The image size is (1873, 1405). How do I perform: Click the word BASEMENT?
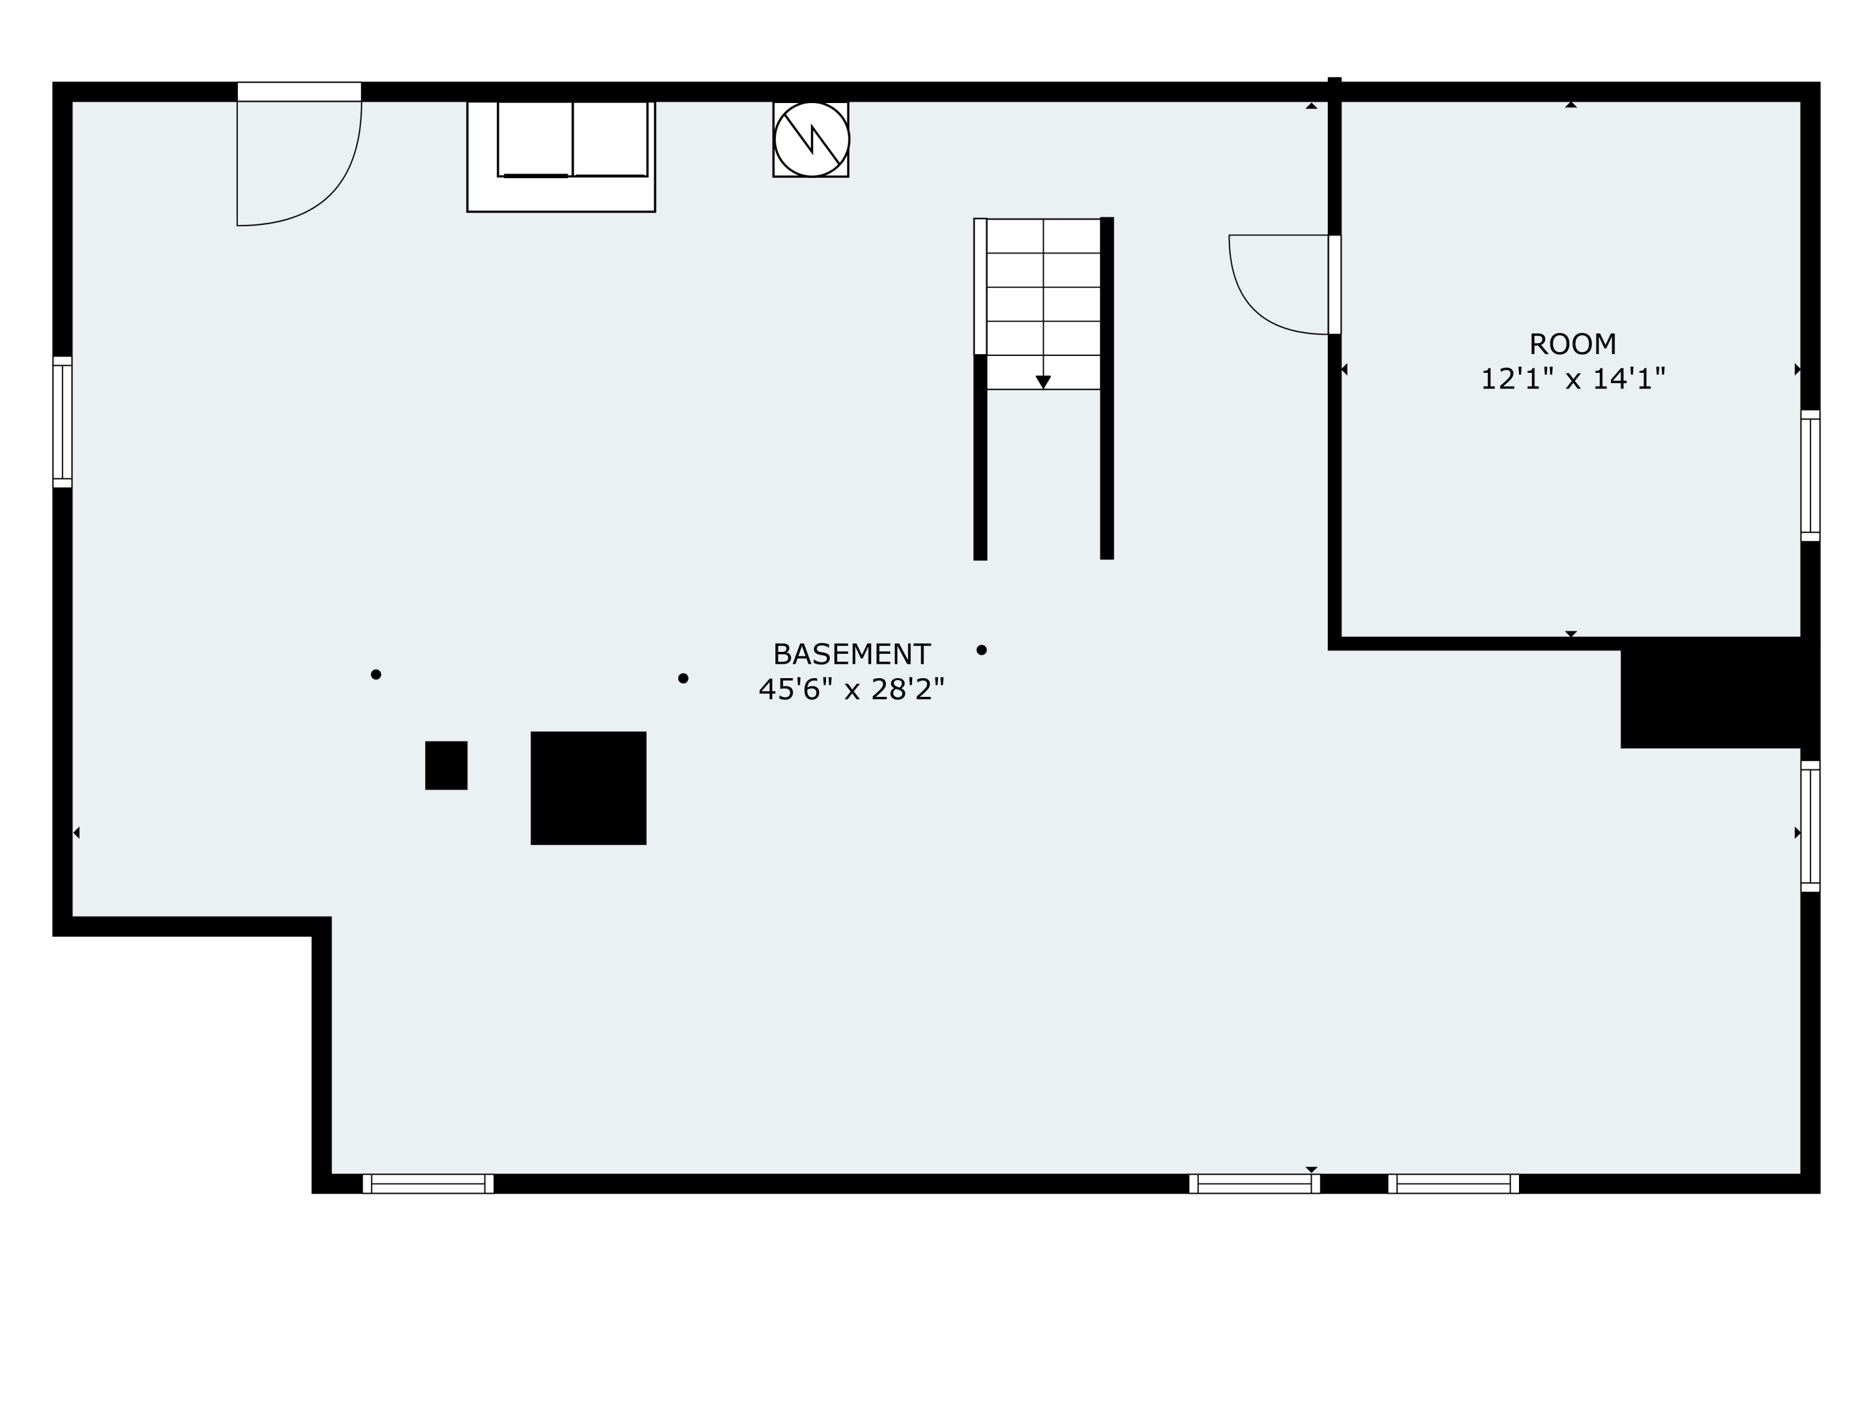[851, 654]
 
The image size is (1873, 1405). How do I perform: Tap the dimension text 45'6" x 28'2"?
[851, 689]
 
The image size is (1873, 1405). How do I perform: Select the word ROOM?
[1573, 345]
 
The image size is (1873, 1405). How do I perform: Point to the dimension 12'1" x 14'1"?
[1573, 378]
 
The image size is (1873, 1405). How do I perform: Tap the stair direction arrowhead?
[1043, 382]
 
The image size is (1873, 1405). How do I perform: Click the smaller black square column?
[446, 766]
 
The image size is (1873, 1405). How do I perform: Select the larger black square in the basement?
[589, 787]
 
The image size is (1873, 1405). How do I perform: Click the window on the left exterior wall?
[62, 421]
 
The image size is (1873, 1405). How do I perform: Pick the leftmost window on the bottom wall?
[428, 1184]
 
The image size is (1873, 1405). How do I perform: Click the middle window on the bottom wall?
[1254, 1184]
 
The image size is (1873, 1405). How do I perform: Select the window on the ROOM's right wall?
[1809, 475]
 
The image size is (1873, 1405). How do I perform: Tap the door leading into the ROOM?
[1334, 285]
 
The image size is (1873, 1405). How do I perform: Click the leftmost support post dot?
[376, 675]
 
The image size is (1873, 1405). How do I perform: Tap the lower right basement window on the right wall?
[1809, 826]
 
